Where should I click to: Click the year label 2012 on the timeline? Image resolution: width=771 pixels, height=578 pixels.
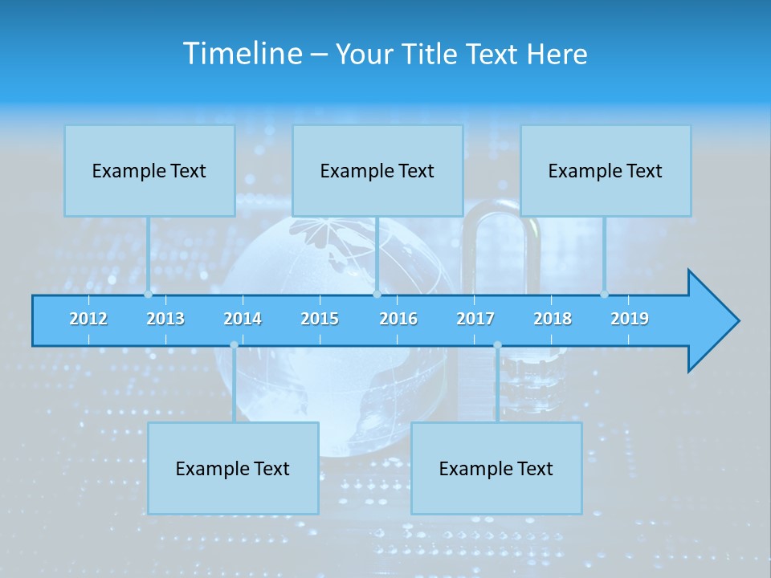88,319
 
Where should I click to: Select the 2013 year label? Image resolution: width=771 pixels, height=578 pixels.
165,319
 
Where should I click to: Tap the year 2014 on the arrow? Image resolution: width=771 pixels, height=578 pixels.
243,319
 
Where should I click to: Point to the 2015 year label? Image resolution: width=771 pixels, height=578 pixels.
320,319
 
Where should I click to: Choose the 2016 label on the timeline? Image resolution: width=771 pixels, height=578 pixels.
398,319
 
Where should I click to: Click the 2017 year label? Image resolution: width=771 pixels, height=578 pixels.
475,319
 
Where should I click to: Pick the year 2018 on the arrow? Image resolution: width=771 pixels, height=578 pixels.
553,319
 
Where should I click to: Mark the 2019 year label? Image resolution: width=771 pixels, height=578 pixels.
630,319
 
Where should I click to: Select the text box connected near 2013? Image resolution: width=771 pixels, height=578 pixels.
149,171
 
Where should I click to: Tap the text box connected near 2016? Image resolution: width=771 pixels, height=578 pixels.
377,171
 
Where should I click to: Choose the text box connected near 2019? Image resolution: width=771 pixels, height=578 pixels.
606,171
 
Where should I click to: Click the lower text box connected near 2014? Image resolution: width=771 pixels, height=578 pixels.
233,469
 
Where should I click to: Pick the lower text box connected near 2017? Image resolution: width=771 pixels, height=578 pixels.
496,469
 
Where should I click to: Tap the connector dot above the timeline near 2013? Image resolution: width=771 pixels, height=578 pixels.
149,294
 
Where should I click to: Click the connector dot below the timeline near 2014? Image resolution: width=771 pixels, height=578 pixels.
234,345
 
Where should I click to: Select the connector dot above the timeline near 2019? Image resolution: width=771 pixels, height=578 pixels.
605,294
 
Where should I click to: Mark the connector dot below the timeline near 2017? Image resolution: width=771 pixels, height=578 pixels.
497,345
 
